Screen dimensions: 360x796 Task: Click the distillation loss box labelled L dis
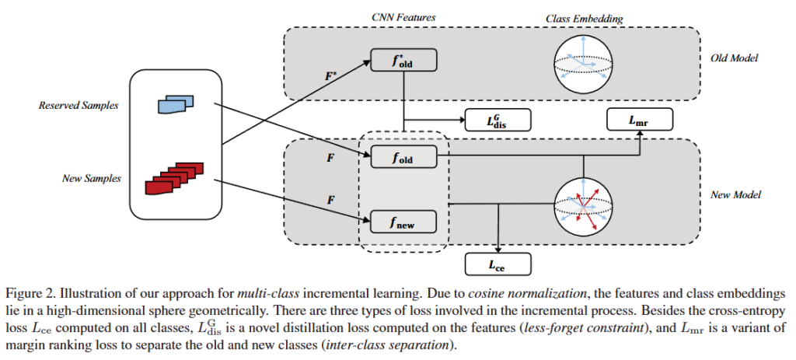(x=497, y=120)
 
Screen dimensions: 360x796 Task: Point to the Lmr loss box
(x=639, y=120)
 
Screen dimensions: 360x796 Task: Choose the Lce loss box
(x=497, y=265)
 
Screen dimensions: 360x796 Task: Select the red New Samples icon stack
(x=169, y=180)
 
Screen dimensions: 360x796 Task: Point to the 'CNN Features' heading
(x=403, y=17)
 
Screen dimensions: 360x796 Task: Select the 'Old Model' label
(x=734, y=58)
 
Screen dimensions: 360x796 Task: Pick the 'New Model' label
(x=734, y=194)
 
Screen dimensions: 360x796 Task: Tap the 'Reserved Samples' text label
(x=77, y=105)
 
